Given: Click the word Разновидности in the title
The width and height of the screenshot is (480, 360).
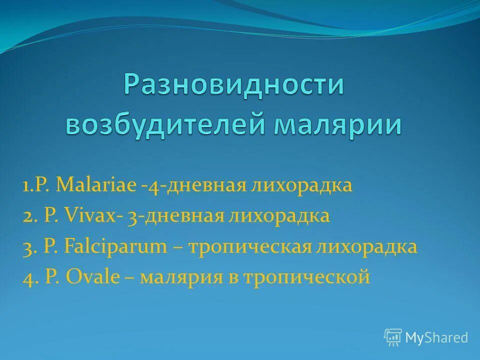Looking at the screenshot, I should [234, 84].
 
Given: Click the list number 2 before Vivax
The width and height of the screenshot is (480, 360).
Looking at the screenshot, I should [28, 216].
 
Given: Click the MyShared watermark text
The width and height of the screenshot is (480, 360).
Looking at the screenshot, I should [436, 338].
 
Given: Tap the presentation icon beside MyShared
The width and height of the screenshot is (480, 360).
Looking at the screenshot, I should [393, 337].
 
